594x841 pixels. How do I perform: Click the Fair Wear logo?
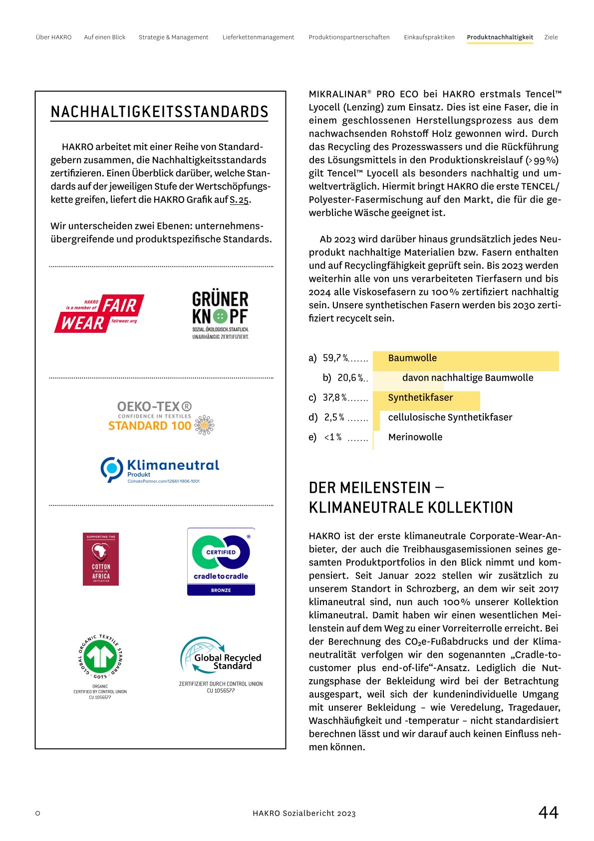tap(99, 313)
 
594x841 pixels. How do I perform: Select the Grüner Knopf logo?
tap(220, 315)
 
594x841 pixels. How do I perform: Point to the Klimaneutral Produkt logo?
tap(160, 470)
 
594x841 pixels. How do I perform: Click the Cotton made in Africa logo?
tap(101, 559)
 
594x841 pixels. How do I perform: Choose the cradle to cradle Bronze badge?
tap(221, 561)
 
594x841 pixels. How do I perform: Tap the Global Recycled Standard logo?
tap(221, 657)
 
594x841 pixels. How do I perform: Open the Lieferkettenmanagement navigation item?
tap(258, 37)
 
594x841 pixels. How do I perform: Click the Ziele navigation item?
tap(551, 37)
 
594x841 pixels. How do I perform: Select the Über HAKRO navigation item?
tap(53, 37)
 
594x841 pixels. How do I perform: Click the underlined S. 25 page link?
tap(239, 200)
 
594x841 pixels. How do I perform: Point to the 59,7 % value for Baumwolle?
tap(335, 358)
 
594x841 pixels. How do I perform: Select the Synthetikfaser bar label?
tap(420, 398)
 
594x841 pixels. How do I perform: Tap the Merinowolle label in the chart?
tap(415, 437)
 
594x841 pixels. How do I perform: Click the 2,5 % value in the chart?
tap(334, 417)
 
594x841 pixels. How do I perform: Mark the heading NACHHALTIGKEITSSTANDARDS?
tap(159, 112)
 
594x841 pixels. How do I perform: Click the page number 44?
tap(548, 812)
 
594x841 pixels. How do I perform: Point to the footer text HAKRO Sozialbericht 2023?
tap(304, 814)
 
